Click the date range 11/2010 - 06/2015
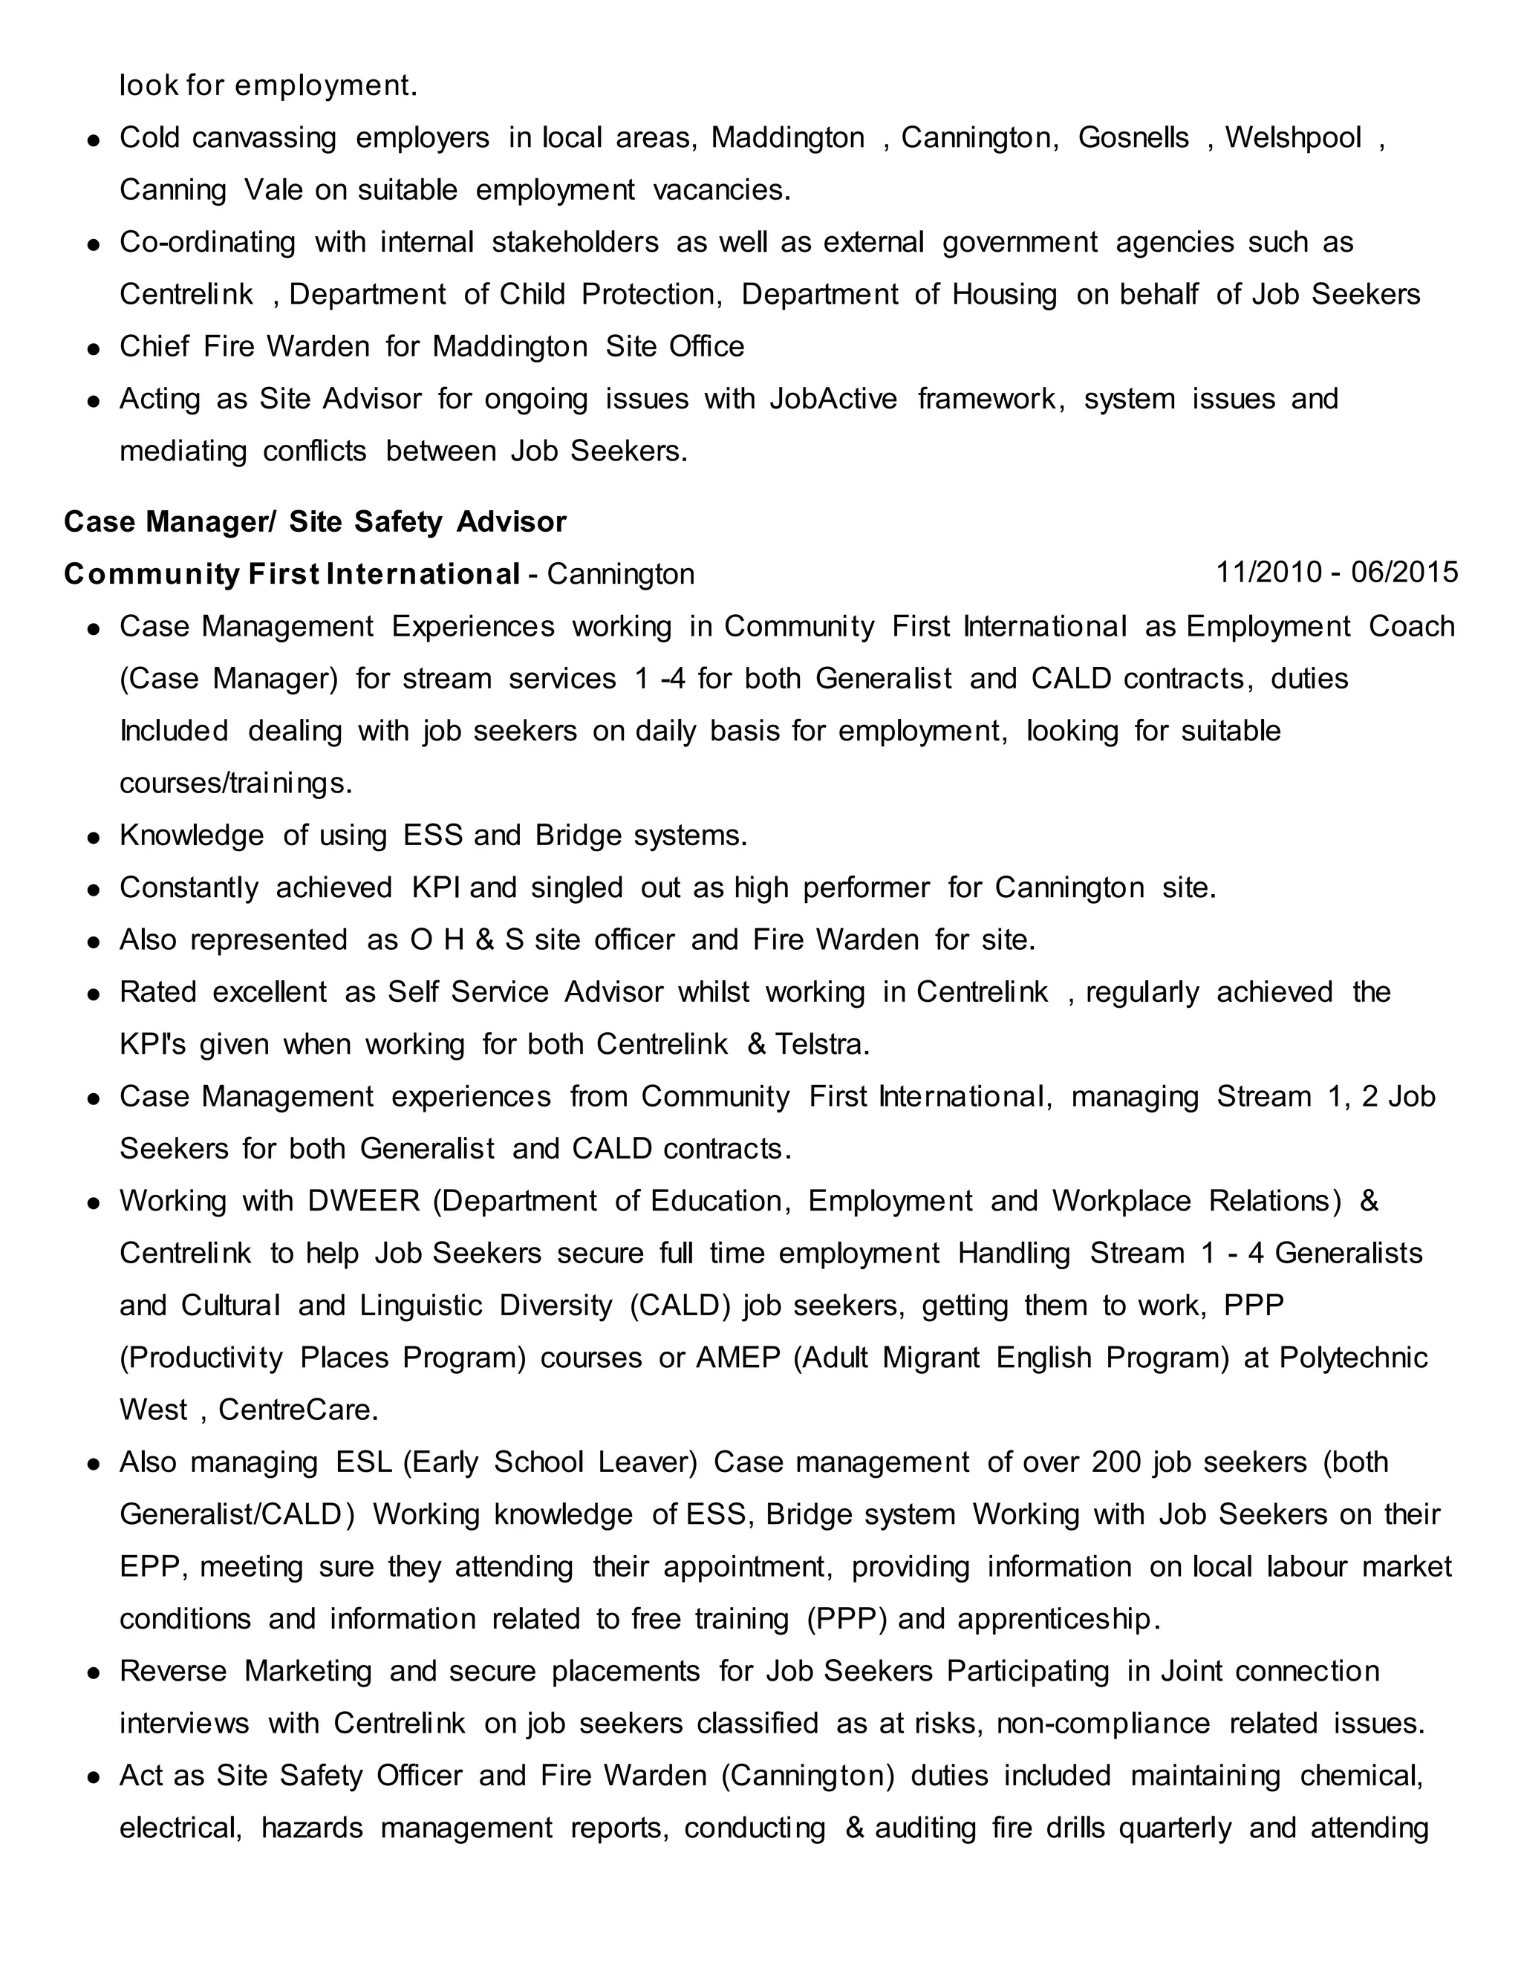coord(1336,572)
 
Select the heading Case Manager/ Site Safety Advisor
coord(314,522)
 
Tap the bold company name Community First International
coord(292,574)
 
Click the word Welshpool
coord(1293,138)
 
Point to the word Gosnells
coord(1133,138)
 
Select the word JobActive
coord(833,400)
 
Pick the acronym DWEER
coord(364,1201)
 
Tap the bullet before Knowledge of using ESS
coord(93,837)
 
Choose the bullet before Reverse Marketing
coord(93,1673)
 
